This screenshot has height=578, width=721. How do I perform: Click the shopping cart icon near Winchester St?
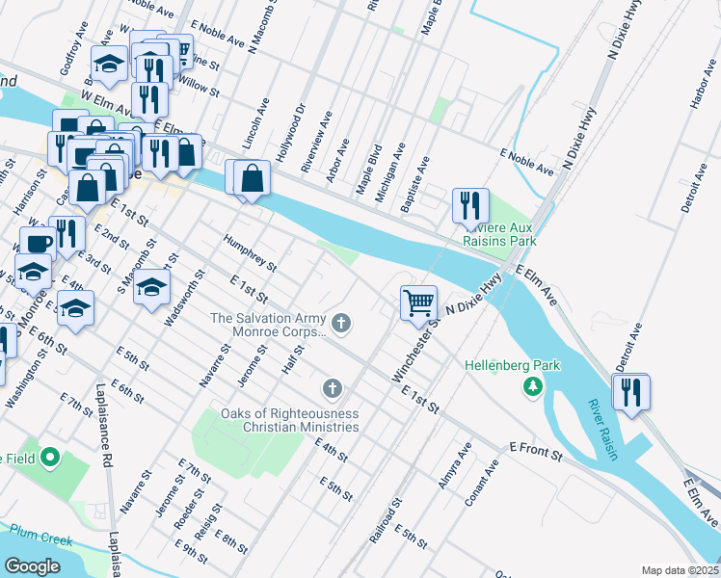[419, 302]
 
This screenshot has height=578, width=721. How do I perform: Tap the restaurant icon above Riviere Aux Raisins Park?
[470, 204]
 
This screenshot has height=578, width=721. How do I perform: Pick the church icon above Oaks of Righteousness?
[332, 388]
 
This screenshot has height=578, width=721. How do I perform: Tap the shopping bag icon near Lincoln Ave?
[252, 178]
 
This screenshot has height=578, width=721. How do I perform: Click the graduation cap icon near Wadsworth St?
[151, 287]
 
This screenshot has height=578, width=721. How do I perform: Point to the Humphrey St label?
[250, 252]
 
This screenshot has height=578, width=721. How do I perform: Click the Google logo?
[32, 565]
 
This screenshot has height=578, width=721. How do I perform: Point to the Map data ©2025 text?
[680, 570]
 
